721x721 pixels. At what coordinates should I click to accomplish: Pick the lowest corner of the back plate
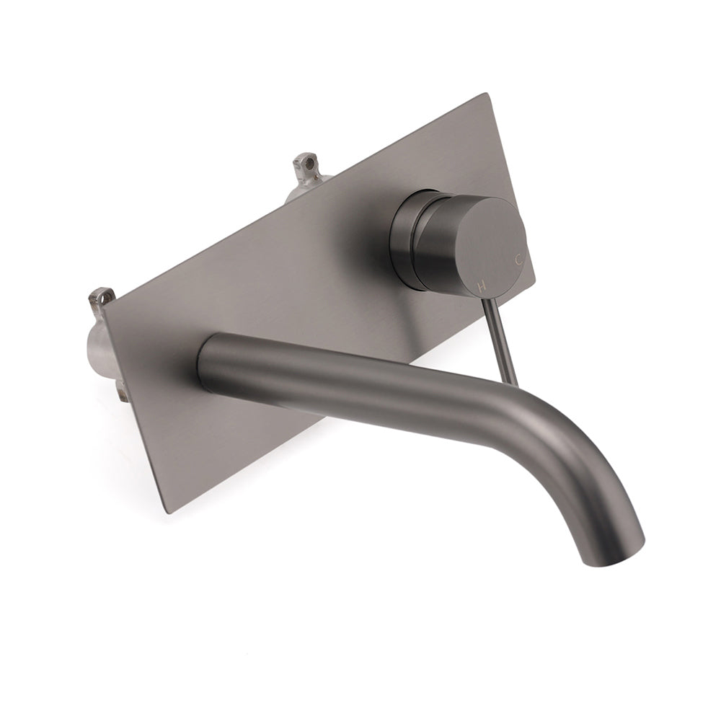[x=167, y=513]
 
